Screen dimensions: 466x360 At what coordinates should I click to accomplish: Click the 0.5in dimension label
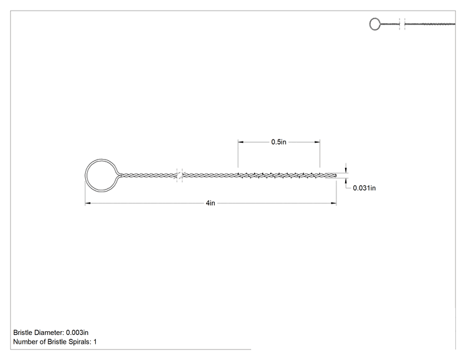(279, 142)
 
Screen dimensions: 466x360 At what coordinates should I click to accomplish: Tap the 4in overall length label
(210, 203)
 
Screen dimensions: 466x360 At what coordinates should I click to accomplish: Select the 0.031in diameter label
(364, 188)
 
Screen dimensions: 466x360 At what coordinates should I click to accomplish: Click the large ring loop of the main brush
(86, 175)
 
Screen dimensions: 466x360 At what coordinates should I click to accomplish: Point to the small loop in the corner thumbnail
(370, 24)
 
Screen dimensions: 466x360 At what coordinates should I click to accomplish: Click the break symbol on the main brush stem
(180, 175)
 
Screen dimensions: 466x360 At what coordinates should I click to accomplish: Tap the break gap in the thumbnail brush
(402, 24)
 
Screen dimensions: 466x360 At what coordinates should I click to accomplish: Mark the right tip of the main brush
(336, 175)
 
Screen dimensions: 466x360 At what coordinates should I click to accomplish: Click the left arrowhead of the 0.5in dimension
(241, 142)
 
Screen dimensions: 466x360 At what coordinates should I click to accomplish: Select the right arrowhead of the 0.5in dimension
(317, 142)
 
